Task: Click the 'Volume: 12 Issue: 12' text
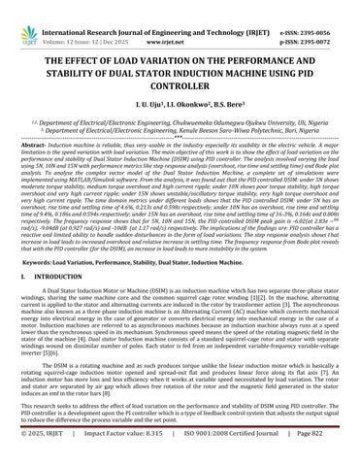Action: [x=81, y=18]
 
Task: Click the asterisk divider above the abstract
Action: [x=180, y=135]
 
